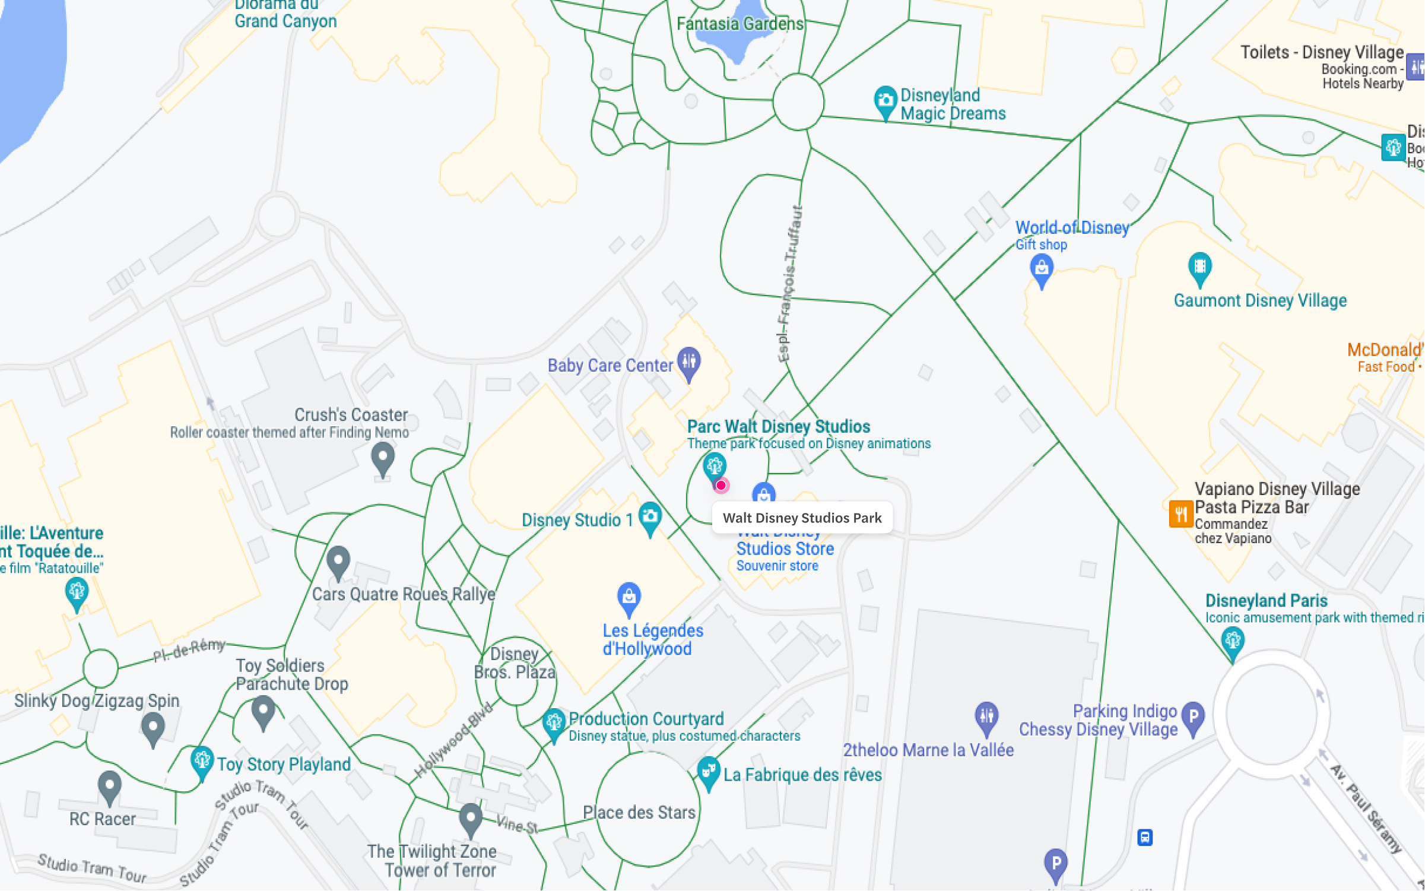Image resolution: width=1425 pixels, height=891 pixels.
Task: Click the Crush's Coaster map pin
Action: point(383,458)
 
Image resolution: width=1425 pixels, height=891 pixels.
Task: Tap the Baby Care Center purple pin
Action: point(689,361)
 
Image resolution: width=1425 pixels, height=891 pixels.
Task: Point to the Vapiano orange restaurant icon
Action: point(1180,514)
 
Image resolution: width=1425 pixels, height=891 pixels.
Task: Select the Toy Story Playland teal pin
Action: point(202,761)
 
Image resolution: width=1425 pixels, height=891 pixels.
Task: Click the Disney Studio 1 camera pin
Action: point(650,517)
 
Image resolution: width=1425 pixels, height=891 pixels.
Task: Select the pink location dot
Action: point(721,486)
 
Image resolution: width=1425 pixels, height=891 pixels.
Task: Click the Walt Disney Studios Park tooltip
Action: point(802,518)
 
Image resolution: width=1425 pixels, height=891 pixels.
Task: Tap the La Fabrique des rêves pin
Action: point(708,772)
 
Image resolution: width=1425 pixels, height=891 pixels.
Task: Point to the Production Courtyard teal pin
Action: point(554,723)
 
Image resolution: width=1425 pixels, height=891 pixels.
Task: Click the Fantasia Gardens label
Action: point(740,24)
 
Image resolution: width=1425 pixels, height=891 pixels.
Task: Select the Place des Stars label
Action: point(639,812)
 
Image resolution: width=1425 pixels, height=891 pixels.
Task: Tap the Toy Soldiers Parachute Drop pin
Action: point(263,711)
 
